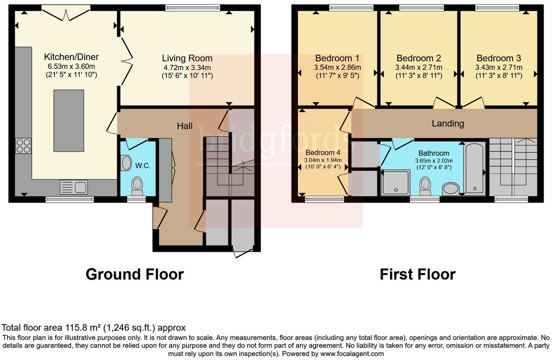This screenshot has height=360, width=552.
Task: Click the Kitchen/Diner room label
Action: [x=71, y=57]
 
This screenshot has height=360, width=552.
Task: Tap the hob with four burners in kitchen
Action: [x=23, y=146]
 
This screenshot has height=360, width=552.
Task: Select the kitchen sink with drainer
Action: [x=74, y=187]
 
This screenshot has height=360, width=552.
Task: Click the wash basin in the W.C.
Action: [x=126, y=163]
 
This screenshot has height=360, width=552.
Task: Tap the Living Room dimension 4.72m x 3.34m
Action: [x=187, y=67]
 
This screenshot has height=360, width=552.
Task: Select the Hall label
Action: [x=184, y=126]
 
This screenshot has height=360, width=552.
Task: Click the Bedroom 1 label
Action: [x=337, y=58]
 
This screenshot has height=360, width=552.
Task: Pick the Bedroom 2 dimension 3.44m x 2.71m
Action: [x=419, y=67]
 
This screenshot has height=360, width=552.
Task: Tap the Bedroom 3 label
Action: [x=499, y=58]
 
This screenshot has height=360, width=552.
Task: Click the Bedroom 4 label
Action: [x=322, y=152]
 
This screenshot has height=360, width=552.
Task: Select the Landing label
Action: [x=448, y=123]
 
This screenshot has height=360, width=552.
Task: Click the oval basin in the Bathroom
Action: [x=451, y=189]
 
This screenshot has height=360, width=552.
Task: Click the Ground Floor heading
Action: [x=134, y=274]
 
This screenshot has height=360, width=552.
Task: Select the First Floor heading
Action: [x=417, y=274]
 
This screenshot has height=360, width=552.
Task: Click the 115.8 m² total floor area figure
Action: [x=83, y=328]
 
